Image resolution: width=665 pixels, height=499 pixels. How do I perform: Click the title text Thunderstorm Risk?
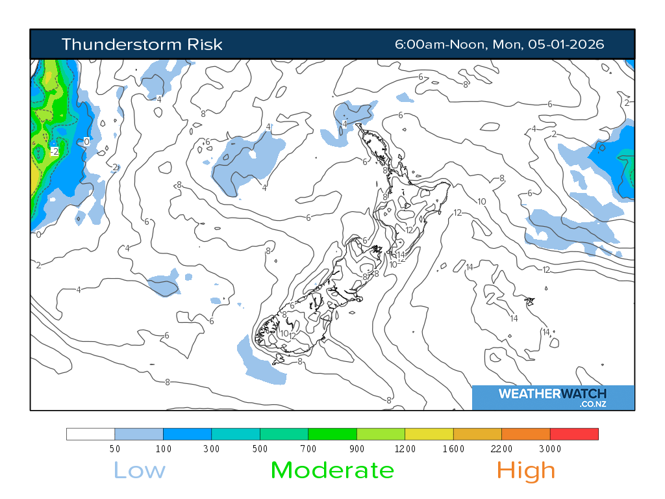click(142, 44)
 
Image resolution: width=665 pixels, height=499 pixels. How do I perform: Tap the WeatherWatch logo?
click(553, 397)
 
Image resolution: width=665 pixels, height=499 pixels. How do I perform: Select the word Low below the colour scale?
click(140, 470)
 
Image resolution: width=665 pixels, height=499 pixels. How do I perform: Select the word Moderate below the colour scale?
click(332, 470)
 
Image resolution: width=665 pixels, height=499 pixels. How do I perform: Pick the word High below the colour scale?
click(526, 470)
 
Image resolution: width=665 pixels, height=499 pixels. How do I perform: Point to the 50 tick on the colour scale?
click(114, 448)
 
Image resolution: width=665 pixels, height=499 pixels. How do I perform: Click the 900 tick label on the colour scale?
click(357, 448)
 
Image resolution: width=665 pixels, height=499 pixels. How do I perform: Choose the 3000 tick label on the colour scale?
click(550, 448)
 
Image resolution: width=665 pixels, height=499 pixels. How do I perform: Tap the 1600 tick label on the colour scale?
click(453, 448)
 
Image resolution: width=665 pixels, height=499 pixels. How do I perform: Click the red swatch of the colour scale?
click(574, 434)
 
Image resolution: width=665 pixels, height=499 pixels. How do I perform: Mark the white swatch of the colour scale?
click(90, 434)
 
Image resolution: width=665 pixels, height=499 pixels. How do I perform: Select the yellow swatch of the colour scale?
click(429, 434)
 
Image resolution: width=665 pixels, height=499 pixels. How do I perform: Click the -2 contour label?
click(55, 151)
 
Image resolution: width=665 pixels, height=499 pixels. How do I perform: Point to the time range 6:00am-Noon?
click(442, 44)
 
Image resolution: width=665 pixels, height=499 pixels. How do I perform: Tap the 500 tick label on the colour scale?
click(260, 448)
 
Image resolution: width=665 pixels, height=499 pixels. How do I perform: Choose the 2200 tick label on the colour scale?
click(501, 448)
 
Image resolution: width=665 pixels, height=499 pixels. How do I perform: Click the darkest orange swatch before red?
click(526, 434)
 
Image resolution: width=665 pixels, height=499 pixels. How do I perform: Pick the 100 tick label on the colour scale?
click(163, 448)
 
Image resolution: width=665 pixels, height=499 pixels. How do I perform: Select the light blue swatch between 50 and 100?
click(139, 434)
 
